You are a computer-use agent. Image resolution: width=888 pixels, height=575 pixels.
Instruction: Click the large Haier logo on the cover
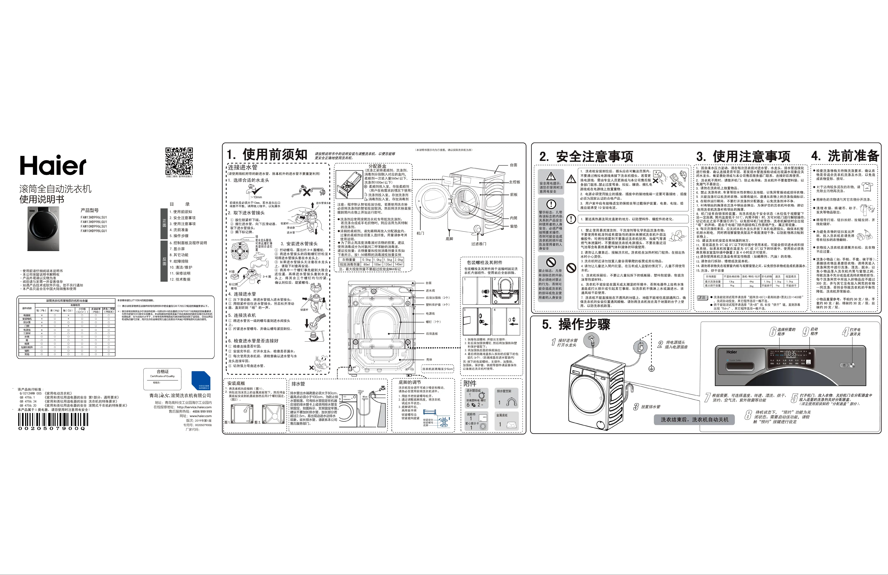pyautogui.click(x=53, y=165)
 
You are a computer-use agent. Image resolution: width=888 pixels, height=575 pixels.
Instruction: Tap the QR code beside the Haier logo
pyautogui.click(x=179, y=161)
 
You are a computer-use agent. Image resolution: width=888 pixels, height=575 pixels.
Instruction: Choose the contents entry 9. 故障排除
pyautogui.click(x=179, y=261)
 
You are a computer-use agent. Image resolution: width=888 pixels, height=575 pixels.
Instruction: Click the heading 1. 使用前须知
pyautogui.click(x=267, y=154)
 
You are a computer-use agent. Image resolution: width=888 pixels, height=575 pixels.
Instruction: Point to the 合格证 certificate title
pyautogui.click(x=163, y=372)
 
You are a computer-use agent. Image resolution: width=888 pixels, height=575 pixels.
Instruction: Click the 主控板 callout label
pyautogui.click(x=514, y=182)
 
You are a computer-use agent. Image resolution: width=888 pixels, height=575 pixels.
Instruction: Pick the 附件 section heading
pyautogui.click(x=470, y=383)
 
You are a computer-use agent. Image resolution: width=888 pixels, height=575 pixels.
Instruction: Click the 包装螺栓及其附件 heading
pyautogui.click(x=485, y=263)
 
